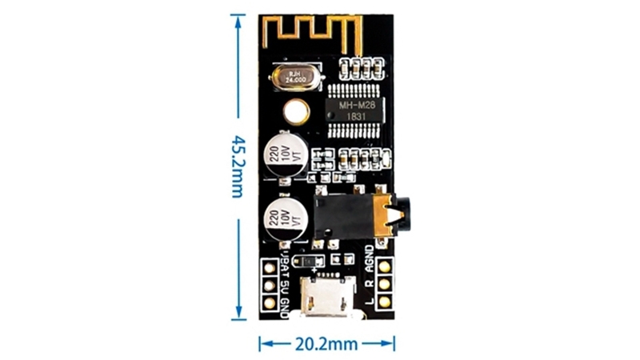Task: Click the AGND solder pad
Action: pos(385,266)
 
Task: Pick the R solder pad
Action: pos(385,284)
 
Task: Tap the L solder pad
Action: pos(385,302)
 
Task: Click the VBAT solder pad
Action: pos(270,267)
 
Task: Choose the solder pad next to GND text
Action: pos(270,303)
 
